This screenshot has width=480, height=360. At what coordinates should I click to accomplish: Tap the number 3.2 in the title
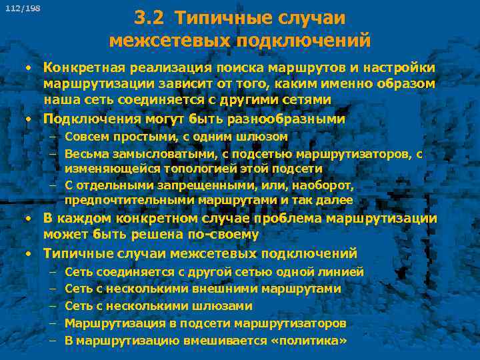click(147, 18)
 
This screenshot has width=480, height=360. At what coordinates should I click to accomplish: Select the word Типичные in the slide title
click(221, 18)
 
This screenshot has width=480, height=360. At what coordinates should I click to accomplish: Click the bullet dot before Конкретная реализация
click(29, 69)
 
